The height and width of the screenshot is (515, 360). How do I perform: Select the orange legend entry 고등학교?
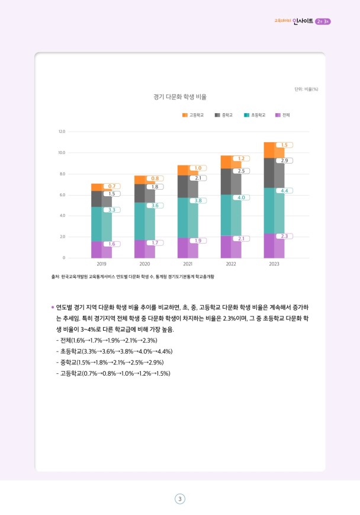pos(192,115)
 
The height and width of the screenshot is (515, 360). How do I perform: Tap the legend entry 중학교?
pos(223,115)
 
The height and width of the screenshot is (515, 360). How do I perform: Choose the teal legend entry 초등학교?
pos(255,115)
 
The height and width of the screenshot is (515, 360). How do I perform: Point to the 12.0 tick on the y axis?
pos(62,131)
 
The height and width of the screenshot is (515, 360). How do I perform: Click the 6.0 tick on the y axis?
pos(62,194)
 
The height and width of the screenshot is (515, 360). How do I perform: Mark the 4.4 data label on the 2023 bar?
pos(284,191)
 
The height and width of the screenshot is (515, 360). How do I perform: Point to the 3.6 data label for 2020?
pos(155,205)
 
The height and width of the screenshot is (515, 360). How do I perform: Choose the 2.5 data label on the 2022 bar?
pos(240,171)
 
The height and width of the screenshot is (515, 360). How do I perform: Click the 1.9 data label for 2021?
pos(198,240)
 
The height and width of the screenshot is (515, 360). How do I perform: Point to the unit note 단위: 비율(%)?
pos(307,89)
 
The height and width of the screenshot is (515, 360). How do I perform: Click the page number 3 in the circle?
pos(179,498)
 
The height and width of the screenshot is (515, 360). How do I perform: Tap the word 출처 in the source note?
pos(56,277)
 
